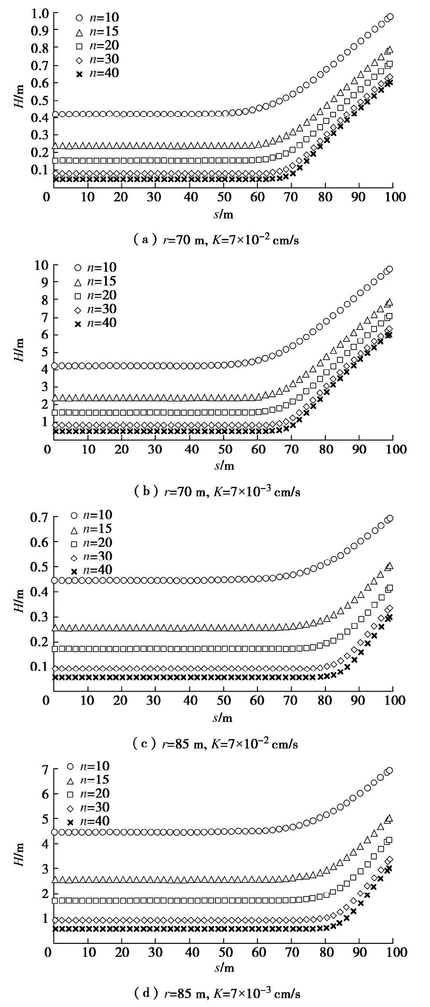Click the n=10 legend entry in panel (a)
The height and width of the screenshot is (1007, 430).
click(97, 18)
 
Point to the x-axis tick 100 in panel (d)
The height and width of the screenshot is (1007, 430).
click(394, 953)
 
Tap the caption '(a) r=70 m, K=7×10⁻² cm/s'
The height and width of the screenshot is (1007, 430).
click(215, 240)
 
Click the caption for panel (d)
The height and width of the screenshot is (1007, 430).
click(215, 993)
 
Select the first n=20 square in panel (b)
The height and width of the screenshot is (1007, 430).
click(54, 412)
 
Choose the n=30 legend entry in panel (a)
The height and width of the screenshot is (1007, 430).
click(97, 59)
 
